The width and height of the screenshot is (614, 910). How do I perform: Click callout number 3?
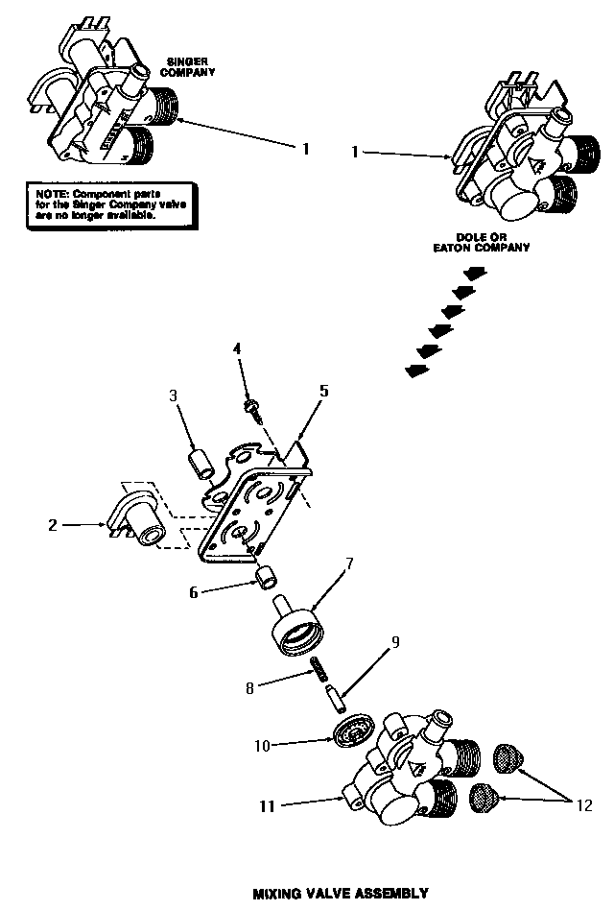point(174,395)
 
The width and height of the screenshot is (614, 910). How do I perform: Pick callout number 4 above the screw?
point(236,348)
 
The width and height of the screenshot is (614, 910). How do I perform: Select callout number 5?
point(324,392)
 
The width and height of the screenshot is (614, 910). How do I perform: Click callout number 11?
point(268,806)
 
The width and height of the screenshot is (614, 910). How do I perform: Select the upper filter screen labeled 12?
point(507,757)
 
